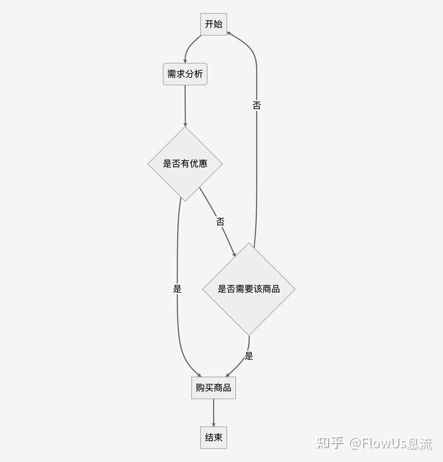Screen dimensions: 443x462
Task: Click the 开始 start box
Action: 214,25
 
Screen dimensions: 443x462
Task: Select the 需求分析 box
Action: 185,74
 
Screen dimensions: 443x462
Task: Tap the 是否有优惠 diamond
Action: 185,164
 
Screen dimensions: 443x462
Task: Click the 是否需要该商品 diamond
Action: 249,289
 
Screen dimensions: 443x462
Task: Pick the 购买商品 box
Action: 214,388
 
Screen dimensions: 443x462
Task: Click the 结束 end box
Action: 214,438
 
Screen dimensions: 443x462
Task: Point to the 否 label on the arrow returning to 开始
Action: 257,105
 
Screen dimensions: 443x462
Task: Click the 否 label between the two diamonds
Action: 220,222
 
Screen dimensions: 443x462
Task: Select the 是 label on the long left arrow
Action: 177,289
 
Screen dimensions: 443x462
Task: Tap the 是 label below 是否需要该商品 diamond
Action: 249,356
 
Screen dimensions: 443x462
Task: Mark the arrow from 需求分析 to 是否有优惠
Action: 185,105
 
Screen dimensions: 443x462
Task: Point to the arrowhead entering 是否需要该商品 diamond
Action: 234,253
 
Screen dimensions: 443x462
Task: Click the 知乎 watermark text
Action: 329,443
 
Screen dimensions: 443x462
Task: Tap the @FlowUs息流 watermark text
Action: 391,443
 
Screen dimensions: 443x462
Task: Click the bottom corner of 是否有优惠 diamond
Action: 185,200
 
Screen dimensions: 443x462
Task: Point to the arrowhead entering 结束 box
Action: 214,424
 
